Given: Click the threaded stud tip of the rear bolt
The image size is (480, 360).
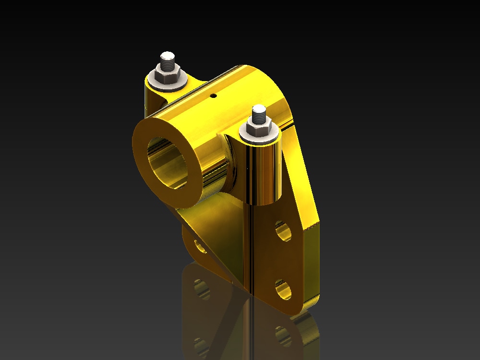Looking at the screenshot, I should point(168,60).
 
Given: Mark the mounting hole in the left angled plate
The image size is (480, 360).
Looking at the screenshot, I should point(200,246).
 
